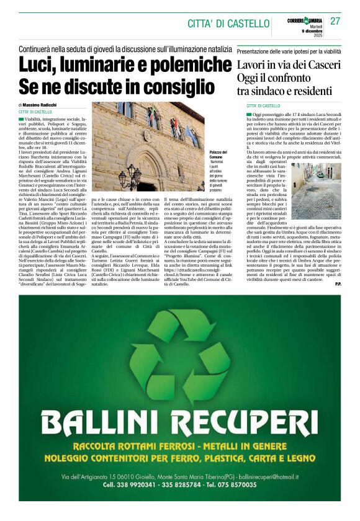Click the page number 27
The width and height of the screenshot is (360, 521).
pos(335,21)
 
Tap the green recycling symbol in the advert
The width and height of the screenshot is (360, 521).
pos(179,357)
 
